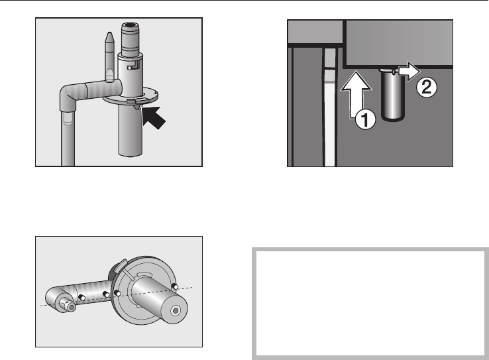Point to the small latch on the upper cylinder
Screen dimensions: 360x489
click(x=133, y=64)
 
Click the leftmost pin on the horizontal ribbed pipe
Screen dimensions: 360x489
click(x=81, y=296)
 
